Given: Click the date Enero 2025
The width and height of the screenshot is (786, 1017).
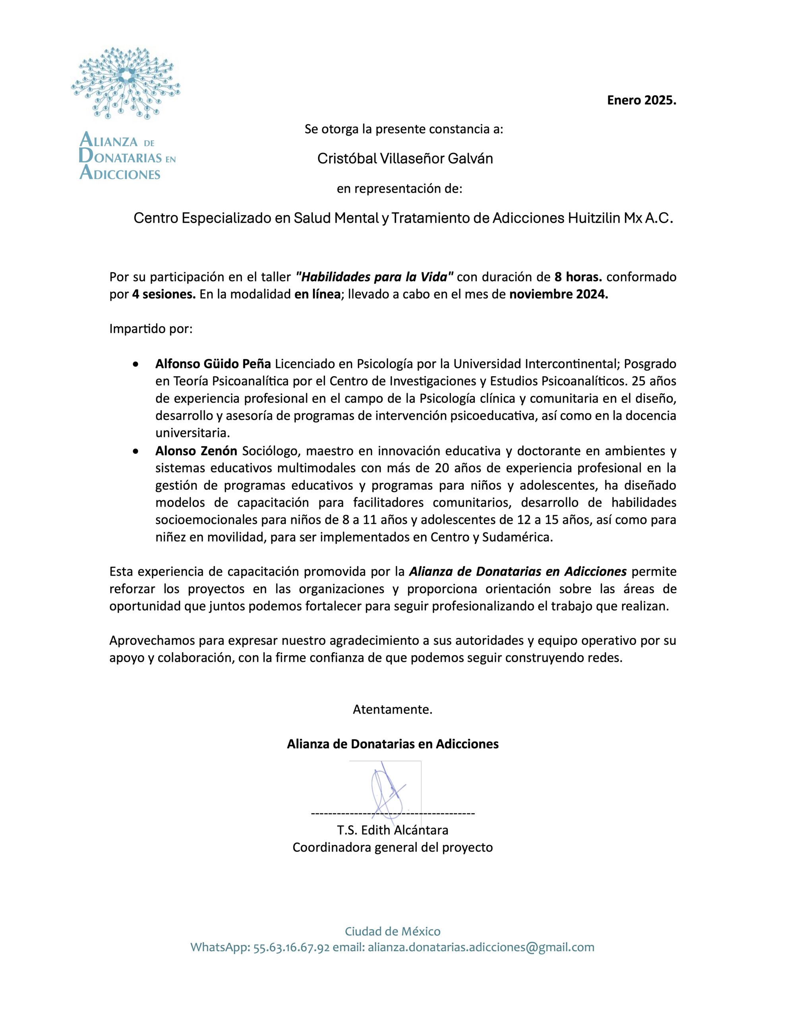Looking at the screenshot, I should point(641,100).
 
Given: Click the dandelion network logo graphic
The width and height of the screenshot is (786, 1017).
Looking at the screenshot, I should point(125,84).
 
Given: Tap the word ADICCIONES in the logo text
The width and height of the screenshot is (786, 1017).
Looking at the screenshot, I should point(120,174).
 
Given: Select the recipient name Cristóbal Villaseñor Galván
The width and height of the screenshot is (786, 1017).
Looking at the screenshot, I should point(405,159).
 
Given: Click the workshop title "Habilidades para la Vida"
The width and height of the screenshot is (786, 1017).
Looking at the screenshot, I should point(375,277).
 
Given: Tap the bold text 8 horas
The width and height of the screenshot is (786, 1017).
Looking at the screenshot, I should point(578,277).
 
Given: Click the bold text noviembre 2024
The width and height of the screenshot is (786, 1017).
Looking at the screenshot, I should point(559,295).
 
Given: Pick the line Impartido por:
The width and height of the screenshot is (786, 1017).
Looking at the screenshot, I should point(151,329).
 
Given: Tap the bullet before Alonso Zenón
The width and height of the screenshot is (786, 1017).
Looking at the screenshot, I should point(135,451).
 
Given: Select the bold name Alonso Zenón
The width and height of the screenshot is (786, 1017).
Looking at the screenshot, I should point(196,451).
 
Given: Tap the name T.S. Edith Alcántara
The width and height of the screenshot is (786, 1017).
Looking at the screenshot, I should point(393,830).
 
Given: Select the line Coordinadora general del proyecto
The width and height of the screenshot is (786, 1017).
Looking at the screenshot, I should point(392,847).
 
